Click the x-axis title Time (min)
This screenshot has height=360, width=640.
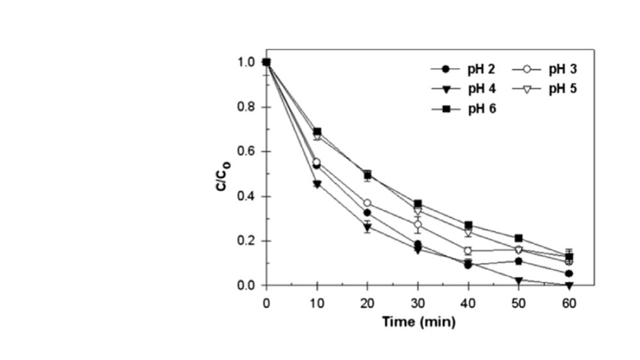pyautogui.click(x=419, y=321)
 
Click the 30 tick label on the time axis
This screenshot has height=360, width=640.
pyautogui.click(x=418, y=304)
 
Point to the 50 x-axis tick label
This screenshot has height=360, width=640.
pyautogui.click(x=519, y=304)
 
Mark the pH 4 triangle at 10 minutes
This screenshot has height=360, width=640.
pyautogui.click(x=317, y=184)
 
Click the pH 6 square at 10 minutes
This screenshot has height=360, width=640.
pyautogui.click(x=317, y=132)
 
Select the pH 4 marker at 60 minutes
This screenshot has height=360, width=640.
pyautogui.click(x=569, y=285)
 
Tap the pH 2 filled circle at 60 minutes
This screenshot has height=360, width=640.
pyautogui.click(x=569, y=273)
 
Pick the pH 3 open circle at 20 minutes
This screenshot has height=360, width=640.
pyautogui.click(x=367, y=203)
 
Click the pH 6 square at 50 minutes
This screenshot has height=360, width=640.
pyautogui.click(x=519, y=238)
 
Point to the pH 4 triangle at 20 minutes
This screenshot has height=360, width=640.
pyautogui.click(x=367, y=228)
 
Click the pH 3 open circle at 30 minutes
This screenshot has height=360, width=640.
pyautogui.click(x=418, y=225)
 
